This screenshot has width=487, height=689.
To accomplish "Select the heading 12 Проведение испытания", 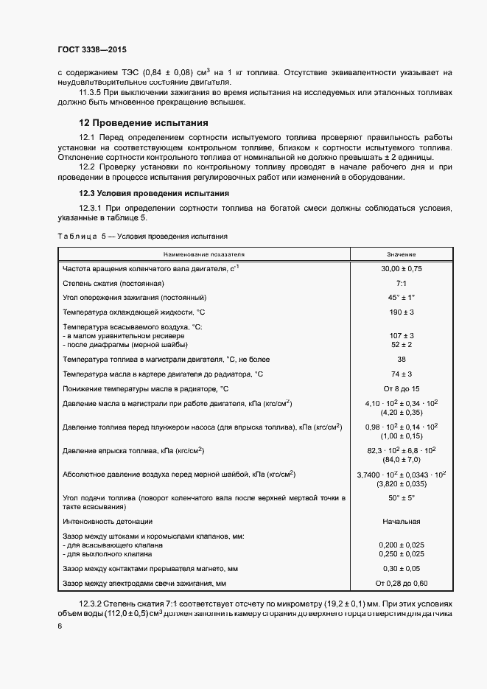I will click(x=144, y=123).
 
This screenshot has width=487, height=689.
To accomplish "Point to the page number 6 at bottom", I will click(x=60, y=626).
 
